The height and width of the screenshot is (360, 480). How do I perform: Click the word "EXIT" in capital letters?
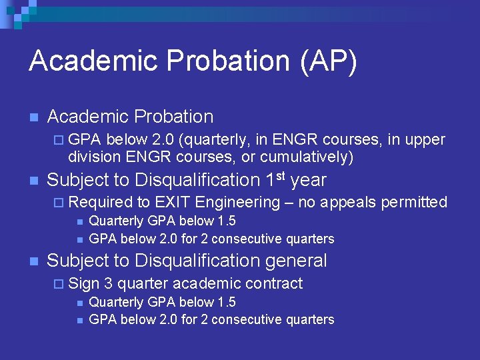[173, 202]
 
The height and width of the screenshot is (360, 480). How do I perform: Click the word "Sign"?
[83, 283]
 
